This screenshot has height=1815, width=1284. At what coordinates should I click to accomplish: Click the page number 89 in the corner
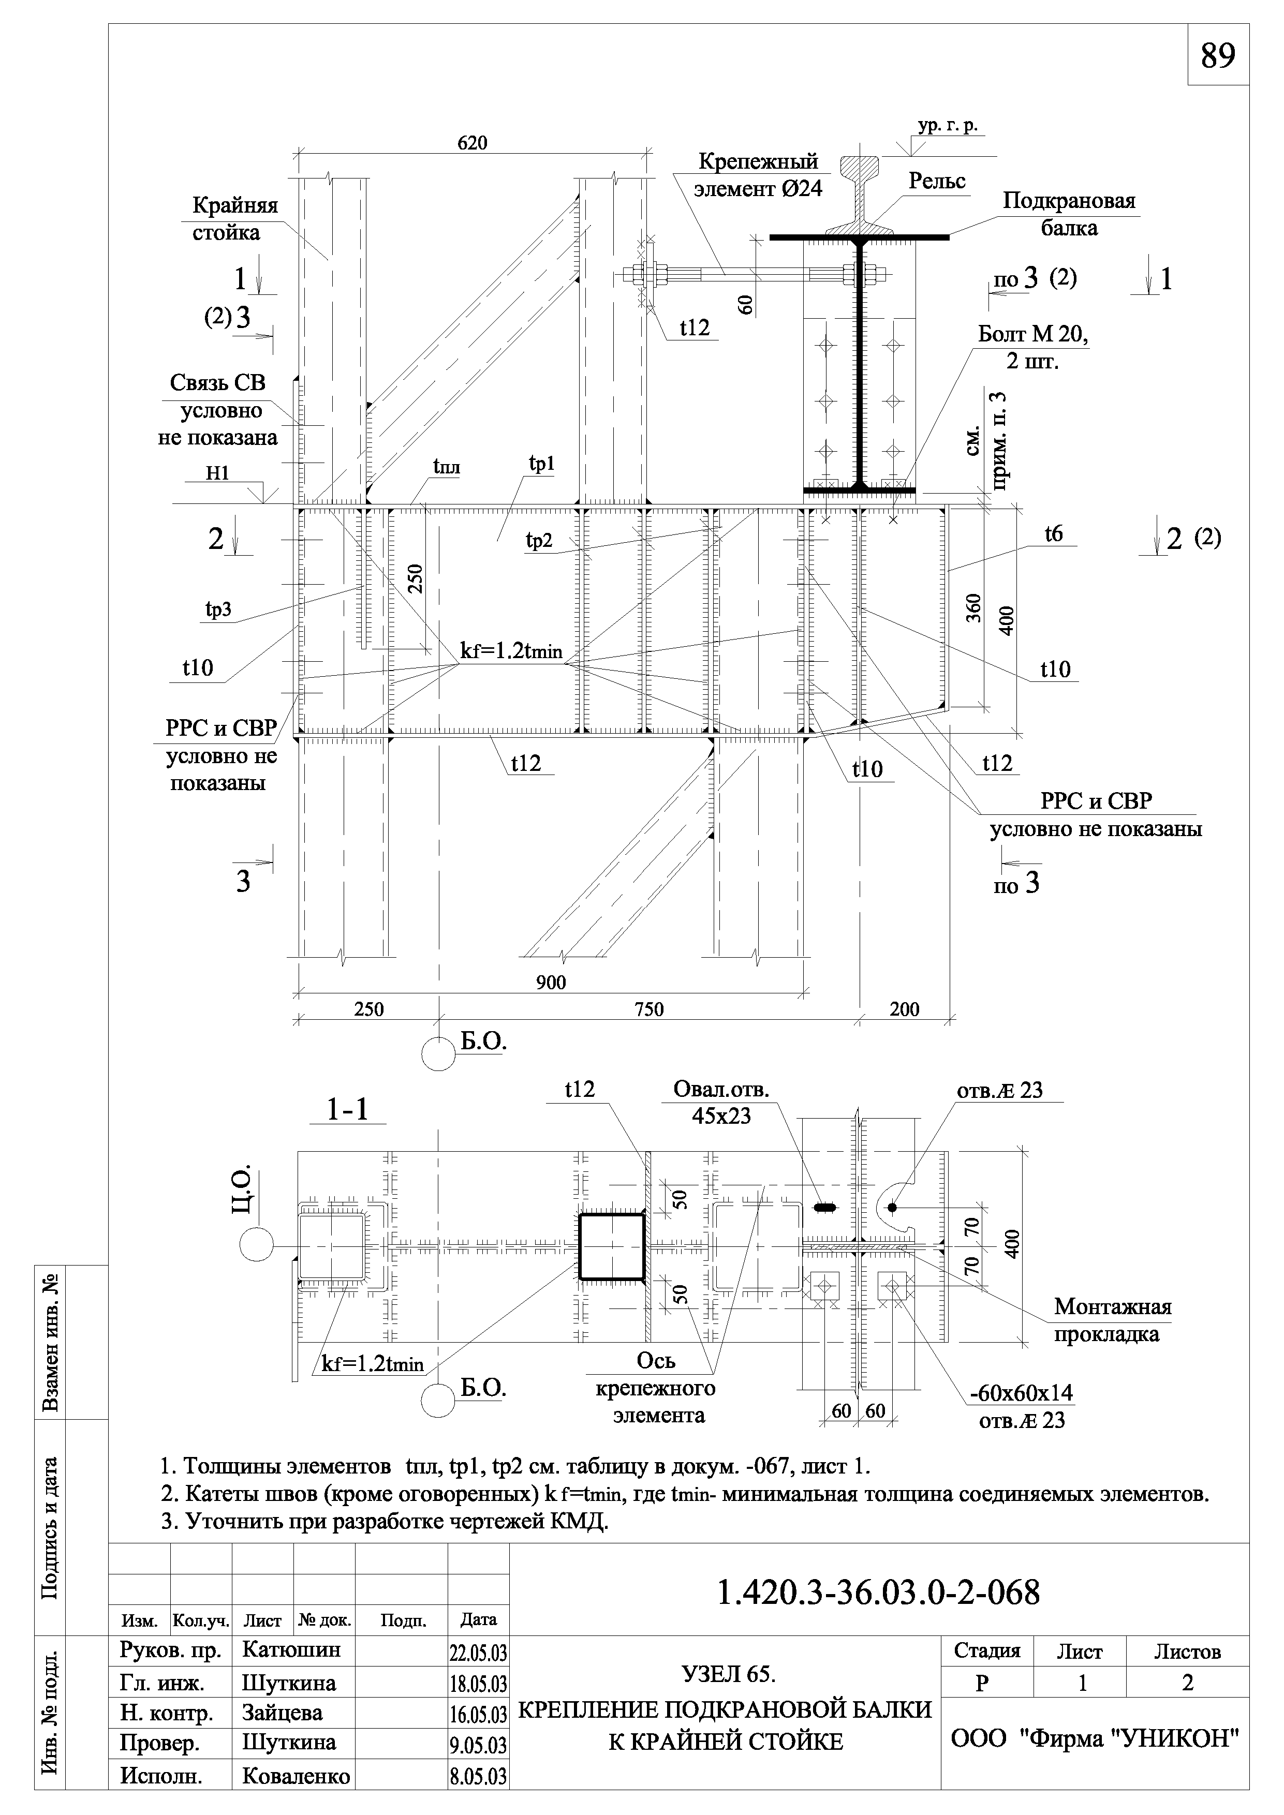[x=1218, y=56]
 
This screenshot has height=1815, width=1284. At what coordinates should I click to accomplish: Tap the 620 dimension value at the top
[x=473, y=143]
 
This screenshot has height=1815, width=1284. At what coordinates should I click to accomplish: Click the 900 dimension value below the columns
[x=551, y=983]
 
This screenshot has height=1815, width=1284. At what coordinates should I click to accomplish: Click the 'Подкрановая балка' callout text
[x=1069, y=214]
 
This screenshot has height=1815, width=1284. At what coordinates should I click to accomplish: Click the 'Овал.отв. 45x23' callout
[x=720, y=1102]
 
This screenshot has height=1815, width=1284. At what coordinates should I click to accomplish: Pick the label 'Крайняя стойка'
[x=235, y=219]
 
